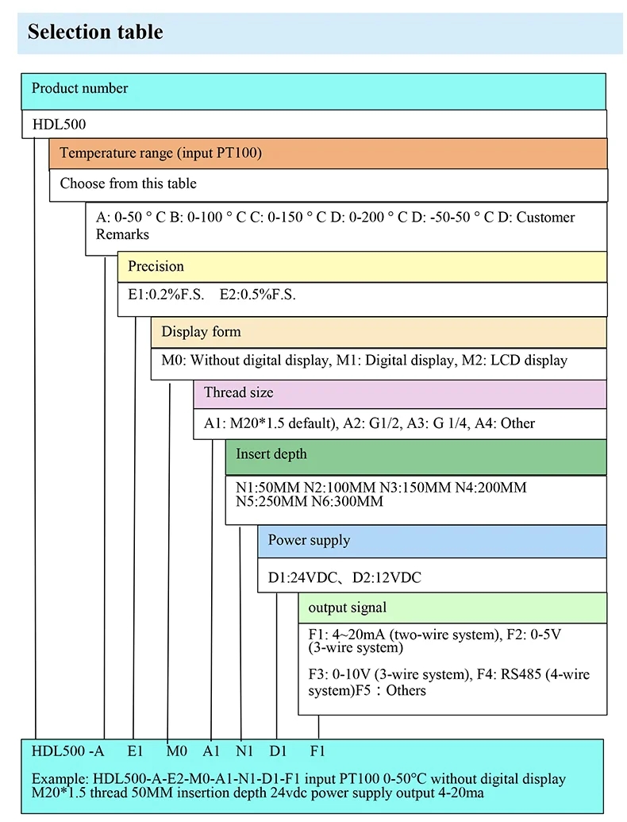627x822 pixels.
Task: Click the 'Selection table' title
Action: pos(95,32)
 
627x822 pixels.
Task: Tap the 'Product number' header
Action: pos(79,88)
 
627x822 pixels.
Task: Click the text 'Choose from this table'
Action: pos(128,183)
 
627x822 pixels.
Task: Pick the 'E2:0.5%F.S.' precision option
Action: pos(257,295)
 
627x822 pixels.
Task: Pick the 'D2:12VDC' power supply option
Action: pos(387,577)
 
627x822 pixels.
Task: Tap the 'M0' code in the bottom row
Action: pos(176,751)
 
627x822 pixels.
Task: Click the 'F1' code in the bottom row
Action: pos(317,751)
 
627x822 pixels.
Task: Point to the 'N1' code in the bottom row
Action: pos(244,751)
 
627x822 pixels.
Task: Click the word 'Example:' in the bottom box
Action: pos(60,779)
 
